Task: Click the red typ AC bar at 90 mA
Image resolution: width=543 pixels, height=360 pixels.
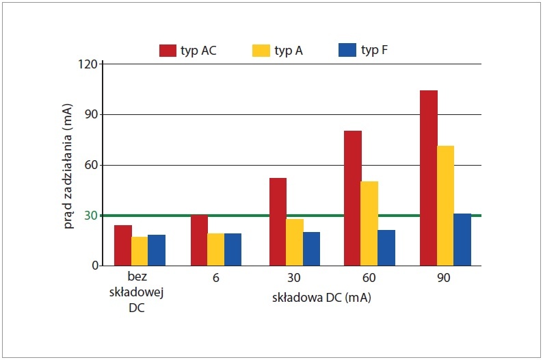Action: (x=429, y=178)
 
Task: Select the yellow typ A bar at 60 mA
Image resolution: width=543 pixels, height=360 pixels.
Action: (x=369, y=224)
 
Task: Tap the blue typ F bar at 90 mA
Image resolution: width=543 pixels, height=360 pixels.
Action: (x=462, y=240)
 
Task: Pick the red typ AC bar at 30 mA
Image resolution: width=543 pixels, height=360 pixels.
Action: (x=278, y=222)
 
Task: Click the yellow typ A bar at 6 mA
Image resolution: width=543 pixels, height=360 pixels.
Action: (x=215, y=250)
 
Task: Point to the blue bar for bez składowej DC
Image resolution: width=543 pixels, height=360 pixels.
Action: (x=157, y=250)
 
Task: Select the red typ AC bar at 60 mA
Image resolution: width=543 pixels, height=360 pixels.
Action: (x=353, y=198)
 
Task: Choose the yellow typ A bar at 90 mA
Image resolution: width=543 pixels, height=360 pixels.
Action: (x=445, y=206)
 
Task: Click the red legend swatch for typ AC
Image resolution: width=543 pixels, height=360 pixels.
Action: (x=168, y=50)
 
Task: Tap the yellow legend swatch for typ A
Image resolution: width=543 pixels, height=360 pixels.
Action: (x=261, y=50)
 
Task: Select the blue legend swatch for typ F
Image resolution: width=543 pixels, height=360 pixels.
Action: (x=347, y=50)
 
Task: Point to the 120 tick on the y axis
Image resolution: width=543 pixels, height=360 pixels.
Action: (x=88, y=64)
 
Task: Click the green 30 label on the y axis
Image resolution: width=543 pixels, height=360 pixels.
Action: (x=91, y=216)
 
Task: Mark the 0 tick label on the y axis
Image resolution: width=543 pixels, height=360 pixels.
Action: (x=95, y=266)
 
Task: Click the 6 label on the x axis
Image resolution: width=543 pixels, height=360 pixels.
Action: (x=215, y=278)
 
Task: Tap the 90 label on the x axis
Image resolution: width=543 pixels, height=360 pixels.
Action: (x=444, y=278)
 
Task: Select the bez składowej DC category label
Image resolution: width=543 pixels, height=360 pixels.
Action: (x=137, y=292)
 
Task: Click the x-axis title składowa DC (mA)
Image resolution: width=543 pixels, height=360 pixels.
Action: (x=321, y=298)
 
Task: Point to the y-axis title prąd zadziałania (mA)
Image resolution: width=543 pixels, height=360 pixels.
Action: (x=68, y=166)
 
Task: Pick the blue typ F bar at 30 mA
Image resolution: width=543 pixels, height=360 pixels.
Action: (x=312, y=248)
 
